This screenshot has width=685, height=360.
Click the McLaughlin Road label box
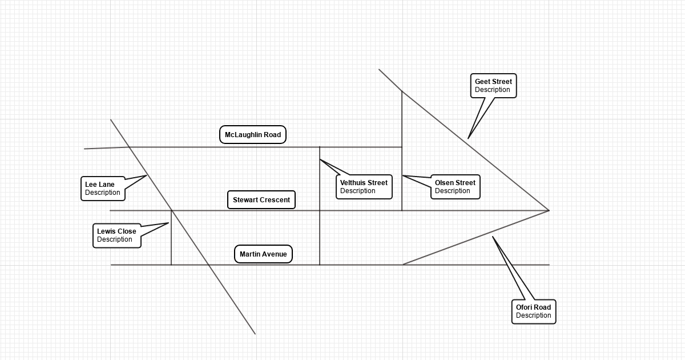click(x=253, y=135)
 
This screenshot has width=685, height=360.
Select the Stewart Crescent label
click(x=261, y=200)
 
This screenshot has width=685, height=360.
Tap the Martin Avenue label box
click(x=263, y=254)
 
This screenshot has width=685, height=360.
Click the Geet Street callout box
click(x=493, y=86)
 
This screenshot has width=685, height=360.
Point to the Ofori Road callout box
click(x=534, y=311)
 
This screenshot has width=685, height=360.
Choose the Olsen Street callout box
click(x=455, y=187)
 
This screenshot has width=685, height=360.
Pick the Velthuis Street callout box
click(x=364, y=187)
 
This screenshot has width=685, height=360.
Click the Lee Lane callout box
click(x=103, y=189)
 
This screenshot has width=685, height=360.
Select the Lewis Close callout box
click(x=116, y=235)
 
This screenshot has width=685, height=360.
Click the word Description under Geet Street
click(x=493, y=90)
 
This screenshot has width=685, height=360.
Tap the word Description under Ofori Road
click(x=534, y=315)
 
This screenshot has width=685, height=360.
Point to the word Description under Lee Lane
click(x=103, y=193)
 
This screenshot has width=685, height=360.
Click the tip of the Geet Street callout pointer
click(x=468, y=138)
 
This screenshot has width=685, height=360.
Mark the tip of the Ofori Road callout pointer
click(x=493, y=237)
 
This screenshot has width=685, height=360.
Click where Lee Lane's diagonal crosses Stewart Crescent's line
click(x=172, y=210)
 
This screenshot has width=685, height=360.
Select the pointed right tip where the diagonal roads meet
click(x=549, y=210)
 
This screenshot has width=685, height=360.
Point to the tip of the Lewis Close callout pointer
click(x=168, y=223)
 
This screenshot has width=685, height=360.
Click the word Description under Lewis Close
click(x=115, y=239)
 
